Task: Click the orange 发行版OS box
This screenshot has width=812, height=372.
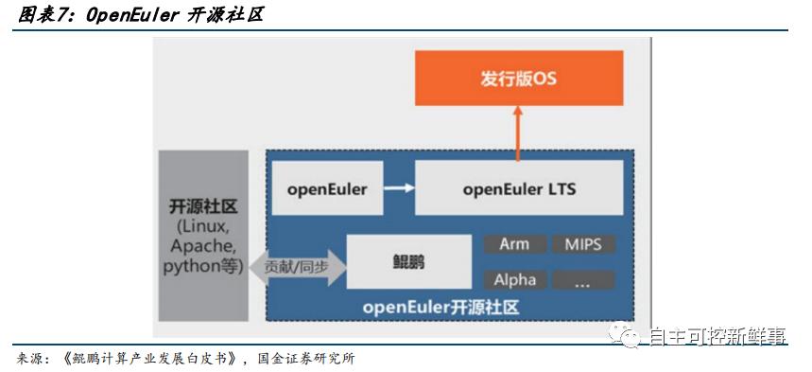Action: point(519,79)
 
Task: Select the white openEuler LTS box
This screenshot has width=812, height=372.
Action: point(519,188)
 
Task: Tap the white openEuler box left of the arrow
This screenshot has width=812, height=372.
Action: point(326,188)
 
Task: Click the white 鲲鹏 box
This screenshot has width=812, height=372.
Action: point(408,260)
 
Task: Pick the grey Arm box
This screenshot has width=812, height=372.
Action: point(514,244)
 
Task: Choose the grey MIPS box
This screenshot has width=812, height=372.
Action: point(583,244)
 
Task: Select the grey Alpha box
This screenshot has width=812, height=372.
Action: point(514,279)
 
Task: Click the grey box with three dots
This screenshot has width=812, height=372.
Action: point(583,279)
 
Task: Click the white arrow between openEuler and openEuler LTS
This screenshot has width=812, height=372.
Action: point(400,187)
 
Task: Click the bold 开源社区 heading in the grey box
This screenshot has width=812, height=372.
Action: point(203,207)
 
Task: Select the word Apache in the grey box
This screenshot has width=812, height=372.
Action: point(202,246)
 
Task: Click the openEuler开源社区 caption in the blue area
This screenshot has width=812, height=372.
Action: point(441,309)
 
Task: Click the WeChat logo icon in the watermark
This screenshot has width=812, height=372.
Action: point(627,333)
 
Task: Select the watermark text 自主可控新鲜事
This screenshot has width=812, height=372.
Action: point(717,335)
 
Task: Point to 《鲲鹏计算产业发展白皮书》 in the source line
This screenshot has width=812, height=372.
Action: point(146,360)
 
